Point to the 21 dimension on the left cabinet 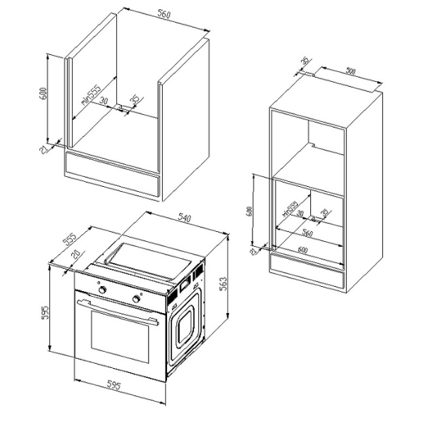coord(44,149)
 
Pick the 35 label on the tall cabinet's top coord(305,62)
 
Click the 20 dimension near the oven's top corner coord(75,257)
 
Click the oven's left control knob coord(104,290)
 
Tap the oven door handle coord(116,311)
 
